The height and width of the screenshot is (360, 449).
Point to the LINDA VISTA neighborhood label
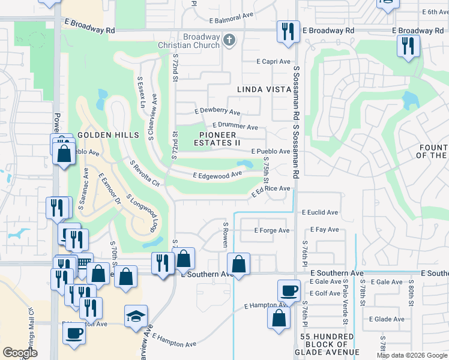[264, 89]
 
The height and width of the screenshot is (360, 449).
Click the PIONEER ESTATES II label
[218, 139]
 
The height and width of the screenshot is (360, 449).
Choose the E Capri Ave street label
[273, 61]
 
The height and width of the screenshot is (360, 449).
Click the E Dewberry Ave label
[217, 112]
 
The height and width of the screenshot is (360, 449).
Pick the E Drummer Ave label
[235, 127]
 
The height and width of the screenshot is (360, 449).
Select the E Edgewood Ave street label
[217, 175]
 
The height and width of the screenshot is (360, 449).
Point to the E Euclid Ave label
[320, 212]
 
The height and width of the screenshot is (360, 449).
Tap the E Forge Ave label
[272, 230]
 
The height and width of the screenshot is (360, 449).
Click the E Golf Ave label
[327, 293]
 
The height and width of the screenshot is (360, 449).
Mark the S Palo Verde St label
[345, 302]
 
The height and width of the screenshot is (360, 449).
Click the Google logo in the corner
[20, 353]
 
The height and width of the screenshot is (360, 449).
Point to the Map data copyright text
[411, 355]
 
